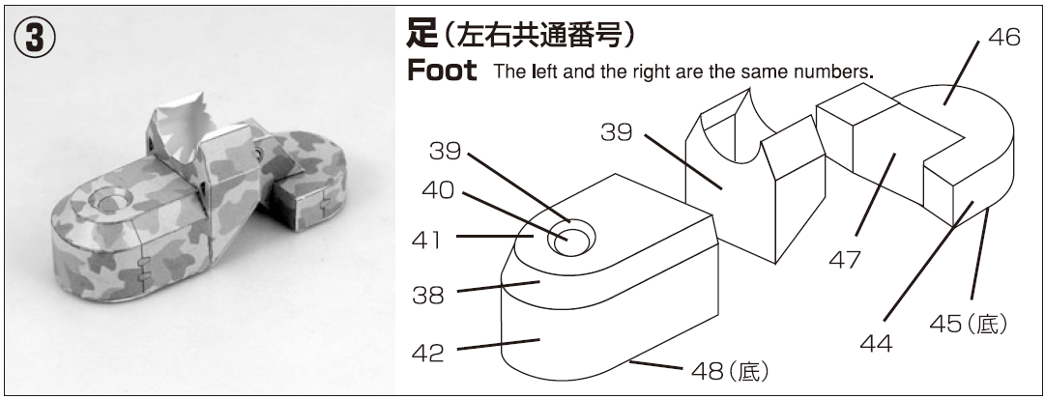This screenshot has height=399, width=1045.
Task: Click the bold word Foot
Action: pyautogui.click(x=442, y=70)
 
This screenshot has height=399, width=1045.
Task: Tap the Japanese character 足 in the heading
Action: pyautogui.click(x=422, y=35)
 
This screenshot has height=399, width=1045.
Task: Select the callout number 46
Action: pyautogui.click(x=1003, y=38)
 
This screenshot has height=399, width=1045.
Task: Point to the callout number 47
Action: pyautogui.click(x=845, y=260)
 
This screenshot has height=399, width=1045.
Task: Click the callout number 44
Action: pyautogui.click(x=877, y=344)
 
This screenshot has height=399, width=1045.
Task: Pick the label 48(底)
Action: pyautogui.click(x=730, y=371)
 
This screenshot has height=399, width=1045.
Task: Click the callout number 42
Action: pyautogui.click(x=428, y=354)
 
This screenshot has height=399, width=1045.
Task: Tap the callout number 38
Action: pyautogui.click(x=428, y=295)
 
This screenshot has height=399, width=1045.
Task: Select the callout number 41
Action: pyautogui.click(x=426, y=240)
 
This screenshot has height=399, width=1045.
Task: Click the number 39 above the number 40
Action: pyautogui.click(x=446, y=152)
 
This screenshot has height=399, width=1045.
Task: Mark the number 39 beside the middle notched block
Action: pyautogui.click(x=617, y=132)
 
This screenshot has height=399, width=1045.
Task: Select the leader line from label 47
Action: pyautogui.click(x=875, y=194)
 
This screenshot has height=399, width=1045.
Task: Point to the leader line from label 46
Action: pyautogui.click(x=961, y=72)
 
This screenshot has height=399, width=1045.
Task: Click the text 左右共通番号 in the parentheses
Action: pyautogui.click(x=537, y=36)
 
